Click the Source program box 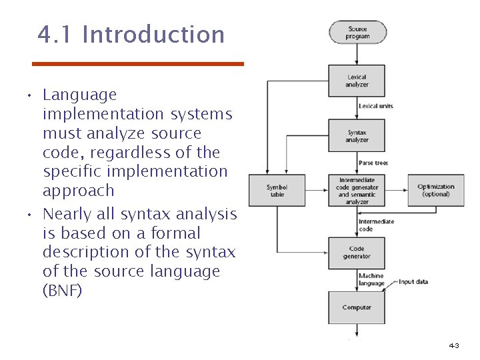(x=357, y=33)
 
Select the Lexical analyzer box (x=357, y=81)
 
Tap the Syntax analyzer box (x=357, y=136)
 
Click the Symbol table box (x=277, y=191)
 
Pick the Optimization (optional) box (x=436, y=191)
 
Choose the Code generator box (x=357, y=253)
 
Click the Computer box (x=357, y=307)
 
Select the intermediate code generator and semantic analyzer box (x=357, y=191)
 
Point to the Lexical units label (x=375, y=106)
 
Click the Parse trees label (x=373, y=163)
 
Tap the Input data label (x=413, y=282)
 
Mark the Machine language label (x=371, y=279)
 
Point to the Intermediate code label (x=376, y=225)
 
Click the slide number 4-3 (x=454, y=345)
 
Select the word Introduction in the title (x=153, y=34)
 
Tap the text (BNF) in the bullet (x=62, y=291)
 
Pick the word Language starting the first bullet (x=79, y=95)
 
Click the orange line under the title (x=139, y=64)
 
